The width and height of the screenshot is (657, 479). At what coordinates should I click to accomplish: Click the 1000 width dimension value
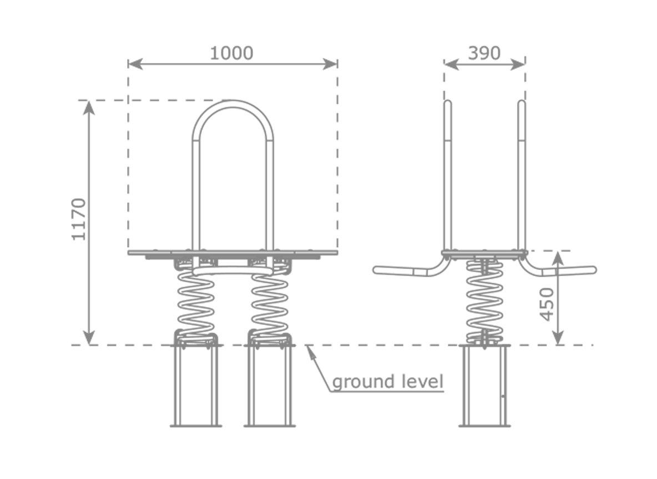point(231,53)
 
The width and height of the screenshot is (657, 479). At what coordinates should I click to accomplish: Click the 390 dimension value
point(484,53)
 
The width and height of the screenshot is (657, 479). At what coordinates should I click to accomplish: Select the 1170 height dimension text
point(79,219)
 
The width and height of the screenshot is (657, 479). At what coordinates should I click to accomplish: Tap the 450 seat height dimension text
point(547,304)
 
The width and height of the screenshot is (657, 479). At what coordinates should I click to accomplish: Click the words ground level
point(388,382)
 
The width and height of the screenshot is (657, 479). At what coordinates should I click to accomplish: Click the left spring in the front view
point(195,305)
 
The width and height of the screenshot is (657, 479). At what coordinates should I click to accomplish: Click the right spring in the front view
point(270,305)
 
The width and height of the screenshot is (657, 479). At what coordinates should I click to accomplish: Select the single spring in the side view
point(484,302)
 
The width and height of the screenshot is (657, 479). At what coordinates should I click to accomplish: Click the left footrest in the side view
point(408,271)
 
